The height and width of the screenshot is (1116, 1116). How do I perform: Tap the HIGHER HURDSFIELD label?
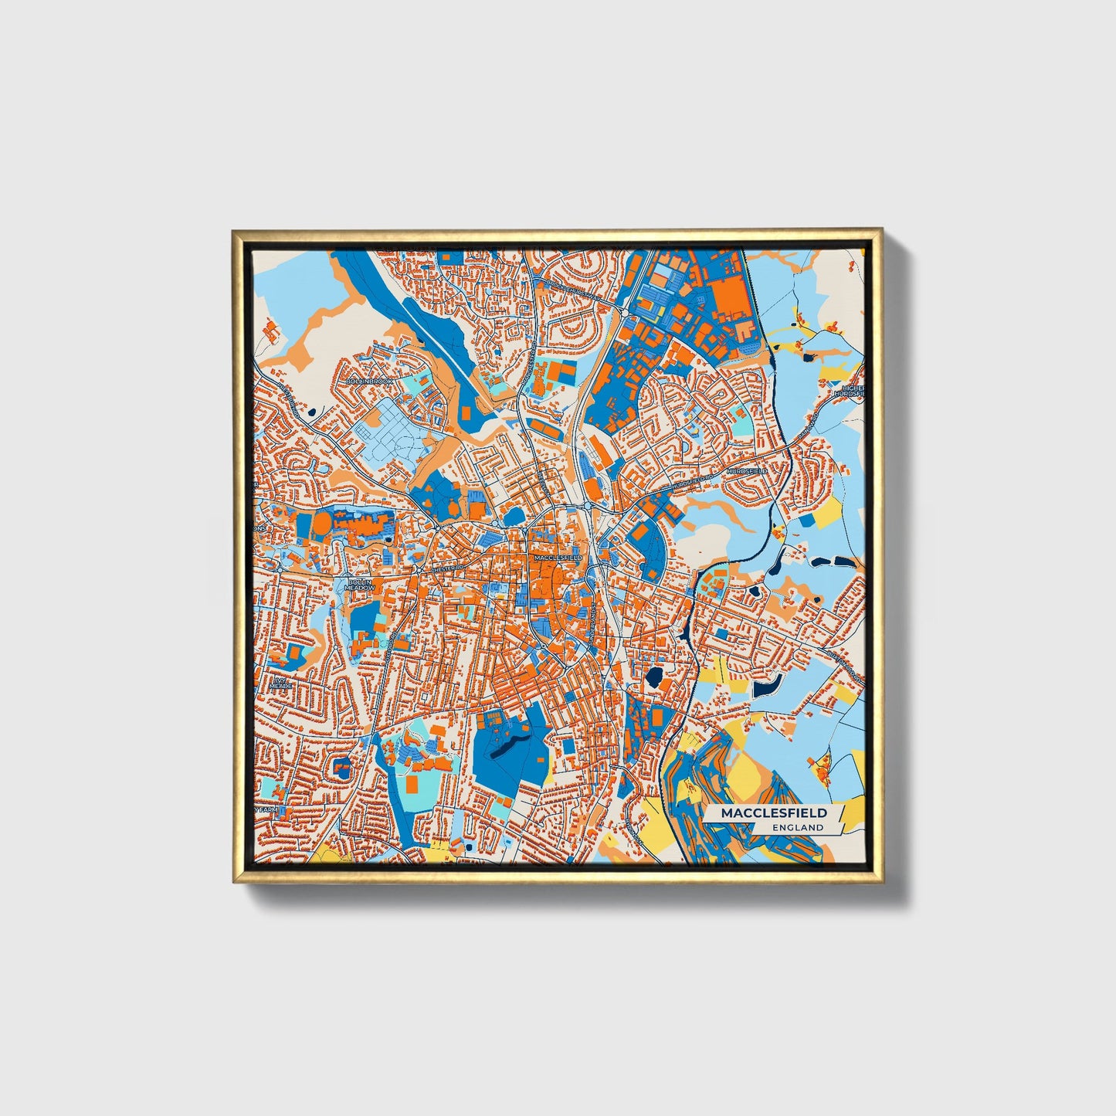850,390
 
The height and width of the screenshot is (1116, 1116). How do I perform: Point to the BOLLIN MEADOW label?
360,585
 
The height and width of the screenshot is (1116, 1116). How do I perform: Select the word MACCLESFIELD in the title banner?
774,813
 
